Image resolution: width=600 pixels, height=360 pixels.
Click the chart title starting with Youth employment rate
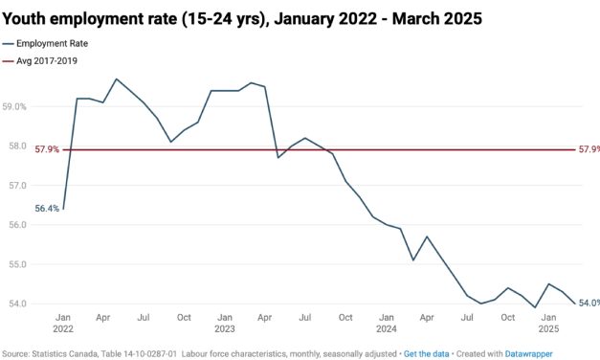point(242,18)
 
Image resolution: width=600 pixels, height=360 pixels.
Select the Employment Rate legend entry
point(58,44)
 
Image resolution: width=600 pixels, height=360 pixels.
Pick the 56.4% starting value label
point(47,209)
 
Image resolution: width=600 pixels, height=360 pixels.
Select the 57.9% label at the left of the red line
point(47,150)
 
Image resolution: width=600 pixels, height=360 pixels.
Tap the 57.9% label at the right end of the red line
point(589,150)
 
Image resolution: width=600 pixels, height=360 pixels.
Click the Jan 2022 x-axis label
point(63,323)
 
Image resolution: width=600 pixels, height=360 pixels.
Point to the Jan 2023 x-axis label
point(225,323)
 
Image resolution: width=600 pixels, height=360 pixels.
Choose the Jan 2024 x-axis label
point(387,323)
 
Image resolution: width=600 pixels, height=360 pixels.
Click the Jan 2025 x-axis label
point(548,323)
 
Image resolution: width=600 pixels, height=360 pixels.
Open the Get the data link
point(426,353)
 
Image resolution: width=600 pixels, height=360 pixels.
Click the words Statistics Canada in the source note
point(62,353)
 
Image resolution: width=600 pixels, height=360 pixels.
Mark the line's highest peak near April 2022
point(117,79)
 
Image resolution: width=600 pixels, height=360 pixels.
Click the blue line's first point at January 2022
point(63,209)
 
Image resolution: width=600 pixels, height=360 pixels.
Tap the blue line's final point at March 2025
point(574,304)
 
